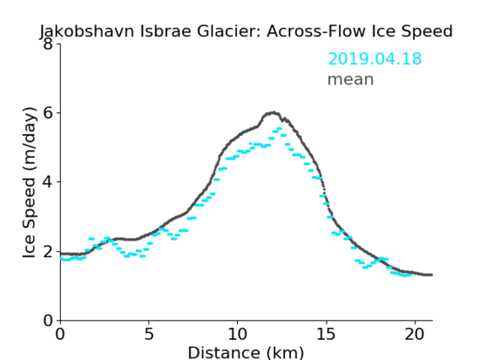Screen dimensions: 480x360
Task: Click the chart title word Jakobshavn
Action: click(x=87, y=31)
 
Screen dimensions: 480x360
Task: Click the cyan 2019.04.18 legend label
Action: click(x=375, y=58)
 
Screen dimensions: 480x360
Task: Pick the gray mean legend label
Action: click(x=351, y=79)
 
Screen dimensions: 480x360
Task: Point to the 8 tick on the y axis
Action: click(x=48, y=44)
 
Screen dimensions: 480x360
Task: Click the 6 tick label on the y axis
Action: click(x=48, y=113)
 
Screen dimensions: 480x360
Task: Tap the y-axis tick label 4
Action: click(x=48, y=182)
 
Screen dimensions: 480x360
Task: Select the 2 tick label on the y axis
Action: click(x=48, y=251)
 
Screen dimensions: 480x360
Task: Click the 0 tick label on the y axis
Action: click(x=48, y=320)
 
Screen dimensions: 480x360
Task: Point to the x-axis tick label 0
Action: click(x=60, y=334)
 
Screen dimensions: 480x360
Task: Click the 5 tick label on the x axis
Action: click(x=148, y=334)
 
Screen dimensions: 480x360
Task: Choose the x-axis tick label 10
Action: click(x=238, y=334)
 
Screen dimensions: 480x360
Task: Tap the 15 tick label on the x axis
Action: click(x=326, y=334)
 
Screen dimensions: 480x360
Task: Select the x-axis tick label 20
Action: click(x=415, y=334)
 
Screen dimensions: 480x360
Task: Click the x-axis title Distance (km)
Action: click(x=245, y=352)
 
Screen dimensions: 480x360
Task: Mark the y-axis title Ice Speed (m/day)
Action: click(x=30, y=183)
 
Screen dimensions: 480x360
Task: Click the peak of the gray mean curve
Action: click(x=273, y=113)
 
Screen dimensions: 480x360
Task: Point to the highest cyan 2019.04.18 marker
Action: click(x=279, y=128)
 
